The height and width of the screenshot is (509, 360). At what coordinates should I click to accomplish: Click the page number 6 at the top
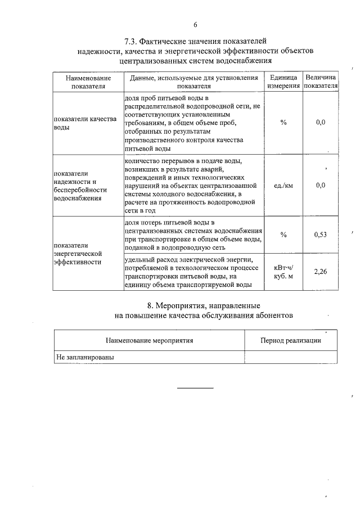tap(195, 24)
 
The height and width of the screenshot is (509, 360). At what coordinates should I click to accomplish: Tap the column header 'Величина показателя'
tap(320, 82)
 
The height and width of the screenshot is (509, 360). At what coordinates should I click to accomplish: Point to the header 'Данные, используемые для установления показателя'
tap(193, 82)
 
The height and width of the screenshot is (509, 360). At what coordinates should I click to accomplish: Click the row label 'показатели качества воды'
tap(84, 123)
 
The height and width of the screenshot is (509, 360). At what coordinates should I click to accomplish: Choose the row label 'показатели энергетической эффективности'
tap(79, 254)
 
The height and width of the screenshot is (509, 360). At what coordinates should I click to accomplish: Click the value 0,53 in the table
tap(320, 235)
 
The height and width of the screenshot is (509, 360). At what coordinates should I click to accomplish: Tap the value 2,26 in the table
tap(320, 272)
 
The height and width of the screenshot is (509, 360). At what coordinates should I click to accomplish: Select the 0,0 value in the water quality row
tap(321, 122)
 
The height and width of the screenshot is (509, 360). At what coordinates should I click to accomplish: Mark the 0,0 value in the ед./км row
tap(321, 185)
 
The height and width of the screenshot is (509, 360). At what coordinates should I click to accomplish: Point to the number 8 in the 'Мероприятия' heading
tap(150, 305)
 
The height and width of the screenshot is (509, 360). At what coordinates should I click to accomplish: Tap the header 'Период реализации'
tap(290, 340)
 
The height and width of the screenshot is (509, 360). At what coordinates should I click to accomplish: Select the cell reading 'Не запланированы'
tap(80, 357)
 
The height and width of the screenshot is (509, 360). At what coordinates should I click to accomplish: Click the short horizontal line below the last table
tap(196, 388)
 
